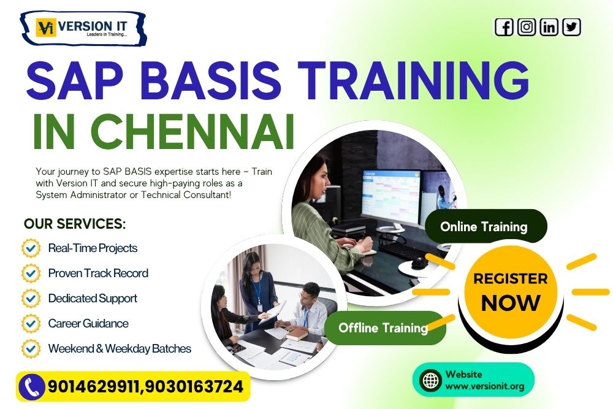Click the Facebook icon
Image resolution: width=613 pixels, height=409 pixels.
tap(504, 27)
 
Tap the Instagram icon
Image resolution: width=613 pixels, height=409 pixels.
tap(527, 27)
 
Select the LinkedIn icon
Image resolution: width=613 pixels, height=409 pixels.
tap(549, 27)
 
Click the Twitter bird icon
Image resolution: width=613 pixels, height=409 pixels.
tap(571, 27)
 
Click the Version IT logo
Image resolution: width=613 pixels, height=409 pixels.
tap(83, 28)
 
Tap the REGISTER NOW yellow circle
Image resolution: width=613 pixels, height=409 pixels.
tap(511, 291)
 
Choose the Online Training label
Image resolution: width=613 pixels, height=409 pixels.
tap(484, 226)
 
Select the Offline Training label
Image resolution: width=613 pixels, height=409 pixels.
tap(383, 327)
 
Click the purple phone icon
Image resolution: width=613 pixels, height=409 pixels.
tap(31, 387)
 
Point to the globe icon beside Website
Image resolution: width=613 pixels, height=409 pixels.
tap(430, 380)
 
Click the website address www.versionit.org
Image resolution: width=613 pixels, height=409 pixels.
tap(476, 386)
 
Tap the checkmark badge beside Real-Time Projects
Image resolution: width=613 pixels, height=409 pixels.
tap(31, 248)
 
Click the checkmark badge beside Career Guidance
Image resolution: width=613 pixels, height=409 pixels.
tap(31, 323)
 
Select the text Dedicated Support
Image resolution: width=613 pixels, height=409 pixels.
tap(93, 299)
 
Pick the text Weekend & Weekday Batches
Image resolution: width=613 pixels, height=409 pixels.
tap(120, 348)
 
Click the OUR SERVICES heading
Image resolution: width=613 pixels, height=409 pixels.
tap(75, 224)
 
